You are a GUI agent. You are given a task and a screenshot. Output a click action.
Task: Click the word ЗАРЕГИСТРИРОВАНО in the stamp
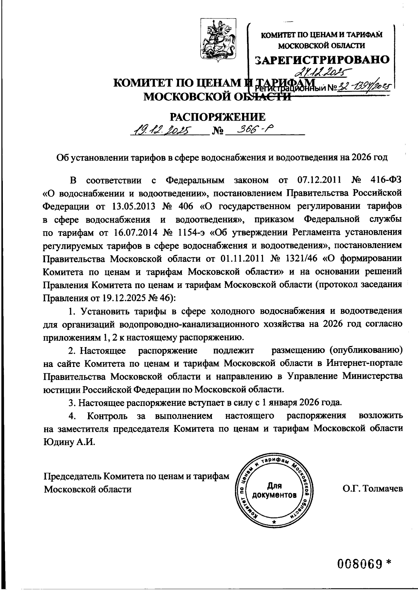(x=322, y=60)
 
